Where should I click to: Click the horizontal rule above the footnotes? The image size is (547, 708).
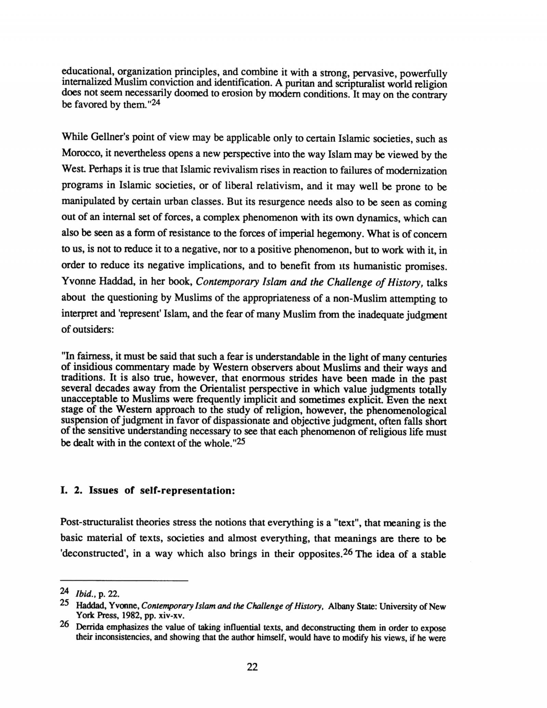124,581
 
